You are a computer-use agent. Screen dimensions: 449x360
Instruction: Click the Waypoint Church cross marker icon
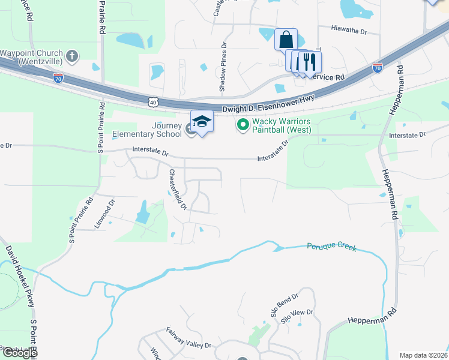coord(72,56)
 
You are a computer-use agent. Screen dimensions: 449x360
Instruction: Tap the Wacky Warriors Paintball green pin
coord(243,125)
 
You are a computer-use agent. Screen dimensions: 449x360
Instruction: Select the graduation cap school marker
coord(202,122)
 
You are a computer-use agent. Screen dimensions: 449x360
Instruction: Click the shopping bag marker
coord(286,40)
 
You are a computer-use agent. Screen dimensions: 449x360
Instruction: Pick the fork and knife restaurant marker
coord(310,62)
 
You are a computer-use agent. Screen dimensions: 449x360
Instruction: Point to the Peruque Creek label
coord(331,247)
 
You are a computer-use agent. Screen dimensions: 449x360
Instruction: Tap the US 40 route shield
coord(153,103)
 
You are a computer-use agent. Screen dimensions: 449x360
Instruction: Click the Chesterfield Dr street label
coord(178,189)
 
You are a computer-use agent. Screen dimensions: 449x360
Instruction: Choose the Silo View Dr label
coord(297,317)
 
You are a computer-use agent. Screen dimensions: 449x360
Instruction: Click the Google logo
coord(20,353)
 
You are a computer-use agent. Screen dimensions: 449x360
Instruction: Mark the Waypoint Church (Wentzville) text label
coord(31,56)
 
